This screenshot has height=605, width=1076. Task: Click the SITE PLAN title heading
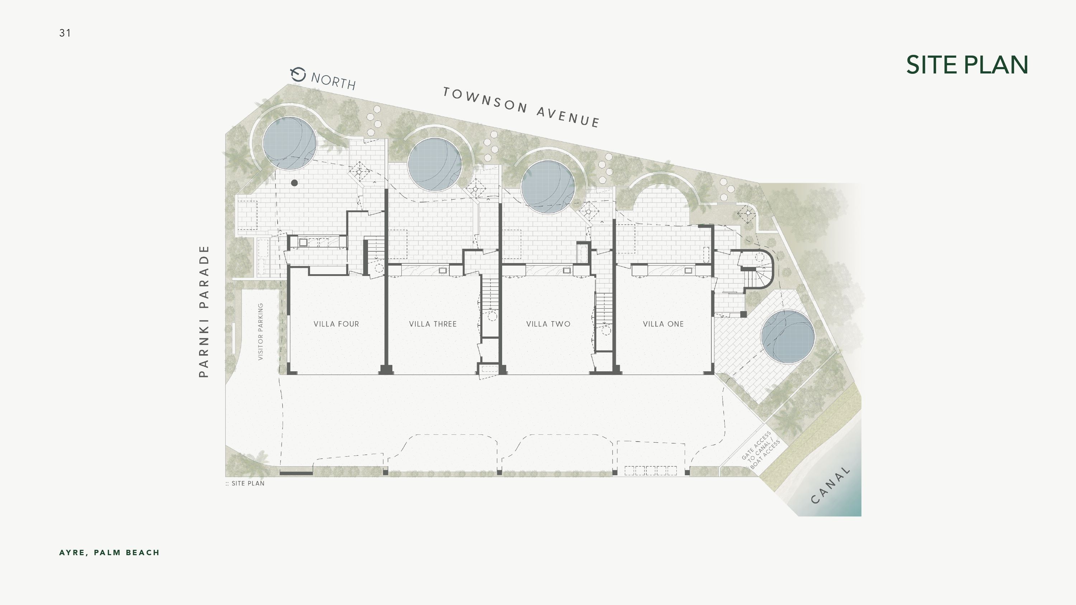click(x=967, y=65)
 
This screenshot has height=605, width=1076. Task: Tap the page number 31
click(x=65, y=33)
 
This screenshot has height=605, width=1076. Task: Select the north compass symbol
click(x=298, y=74)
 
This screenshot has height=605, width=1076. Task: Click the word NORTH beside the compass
click(x=333, y=81)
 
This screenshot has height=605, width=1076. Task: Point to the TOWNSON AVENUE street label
click(x=521, y=107)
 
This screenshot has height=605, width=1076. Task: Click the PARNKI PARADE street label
click(x=203, y=311)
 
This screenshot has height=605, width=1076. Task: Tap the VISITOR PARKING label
click(x=261, y=332)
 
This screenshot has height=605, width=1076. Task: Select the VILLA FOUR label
click(x=336, y=324)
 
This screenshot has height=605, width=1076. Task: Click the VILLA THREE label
click(x=433, y=324)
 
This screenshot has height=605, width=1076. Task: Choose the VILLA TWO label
click(x=548, y=324)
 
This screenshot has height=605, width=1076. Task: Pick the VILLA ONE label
click(x=663, y=324)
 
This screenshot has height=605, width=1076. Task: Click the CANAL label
click(x=830, y=485)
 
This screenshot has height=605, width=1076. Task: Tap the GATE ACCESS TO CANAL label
click(x=761, y=450)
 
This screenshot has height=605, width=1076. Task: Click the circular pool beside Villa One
click(x=788, y=337)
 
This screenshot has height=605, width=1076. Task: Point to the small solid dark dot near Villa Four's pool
click(x=294, y=183)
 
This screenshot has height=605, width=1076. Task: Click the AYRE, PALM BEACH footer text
click(x=109, y=553)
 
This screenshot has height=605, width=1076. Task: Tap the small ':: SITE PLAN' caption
click(x=245, y=483)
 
